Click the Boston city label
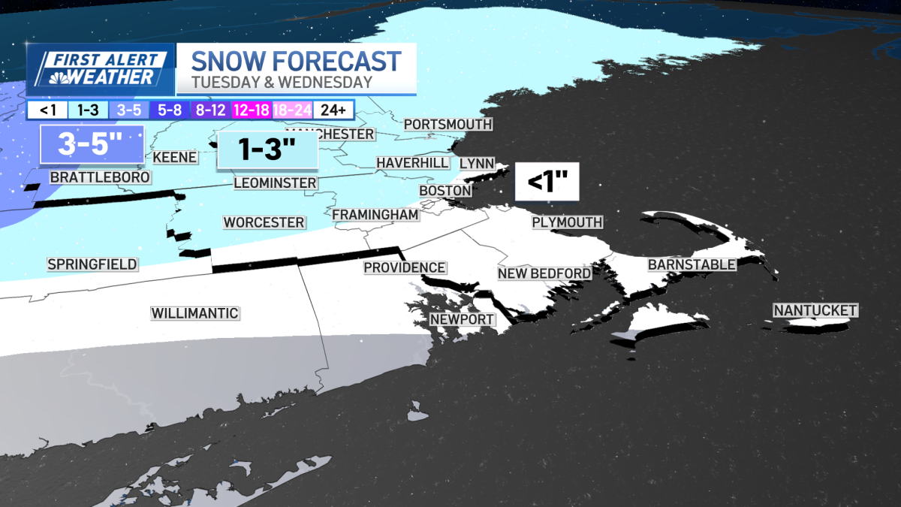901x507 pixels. [x=444, y=191]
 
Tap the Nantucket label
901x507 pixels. [x=815, y=310]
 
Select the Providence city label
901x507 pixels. [x=404, y=267]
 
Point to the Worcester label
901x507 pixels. [x=264, y=222]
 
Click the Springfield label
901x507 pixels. [x=92, y=264]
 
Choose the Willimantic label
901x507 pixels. [x=194, y=313]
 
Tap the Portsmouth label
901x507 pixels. [x=447, y=124]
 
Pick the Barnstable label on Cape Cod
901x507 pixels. [x=692, y=264]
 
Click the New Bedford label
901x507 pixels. [x=544, y=273]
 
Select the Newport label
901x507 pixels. [x=462, y=319]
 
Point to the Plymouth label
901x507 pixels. [x=567, y=222]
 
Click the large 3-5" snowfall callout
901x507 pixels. [x=90, y=144]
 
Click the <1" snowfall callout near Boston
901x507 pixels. [x=546, y=182]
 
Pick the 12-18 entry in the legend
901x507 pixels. [x=252, y=110]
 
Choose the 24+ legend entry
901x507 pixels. [x=332, y=110]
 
